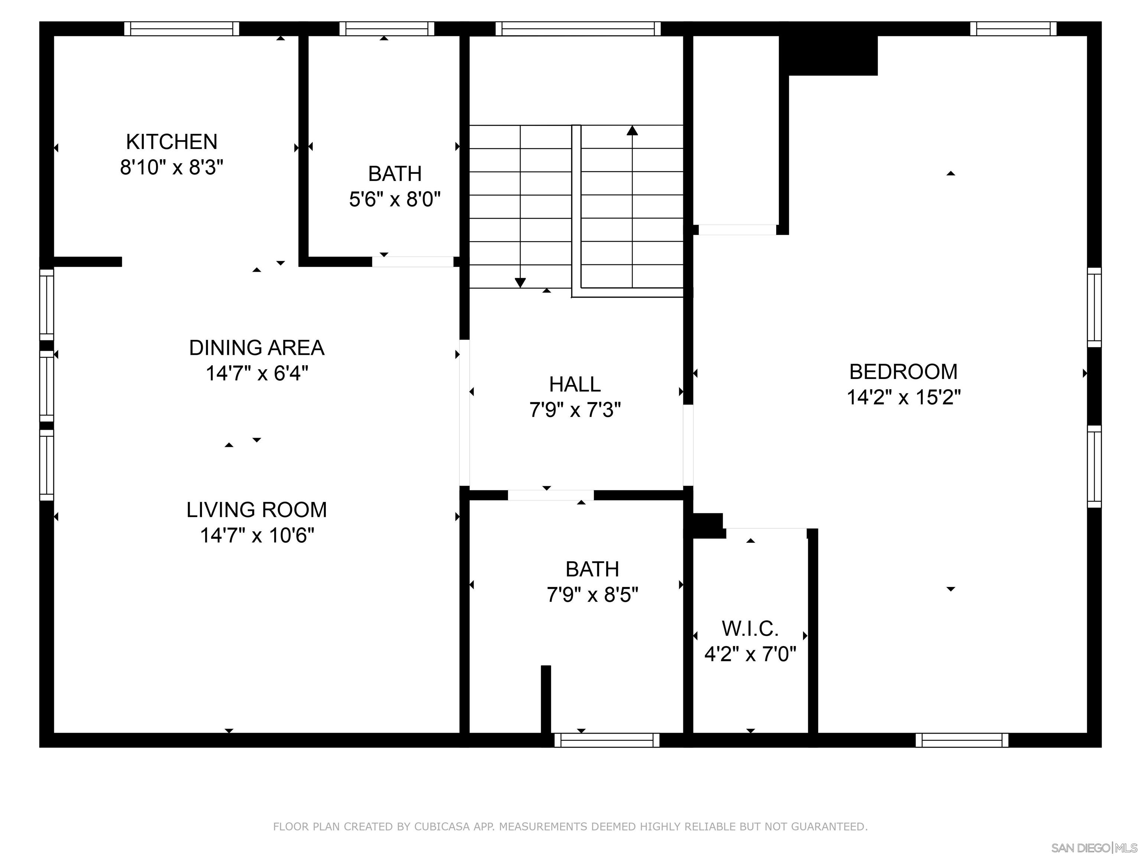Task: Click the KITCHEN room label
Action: pos(171,142)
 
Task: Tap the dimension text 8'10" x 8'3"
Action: pos(171,167)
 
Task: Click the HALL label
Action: pos(575,385)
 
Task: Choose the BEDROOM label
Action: pos(903,372)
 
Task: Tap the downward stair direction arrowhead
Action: pos(520,283)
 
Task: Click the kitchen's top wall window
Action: pos(182,29)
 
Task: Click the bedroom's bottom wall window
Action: pos(962,740)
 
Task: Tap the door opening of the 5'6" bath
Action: pos(413,262)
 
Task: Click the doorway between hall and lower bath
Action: pos(550,495)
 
